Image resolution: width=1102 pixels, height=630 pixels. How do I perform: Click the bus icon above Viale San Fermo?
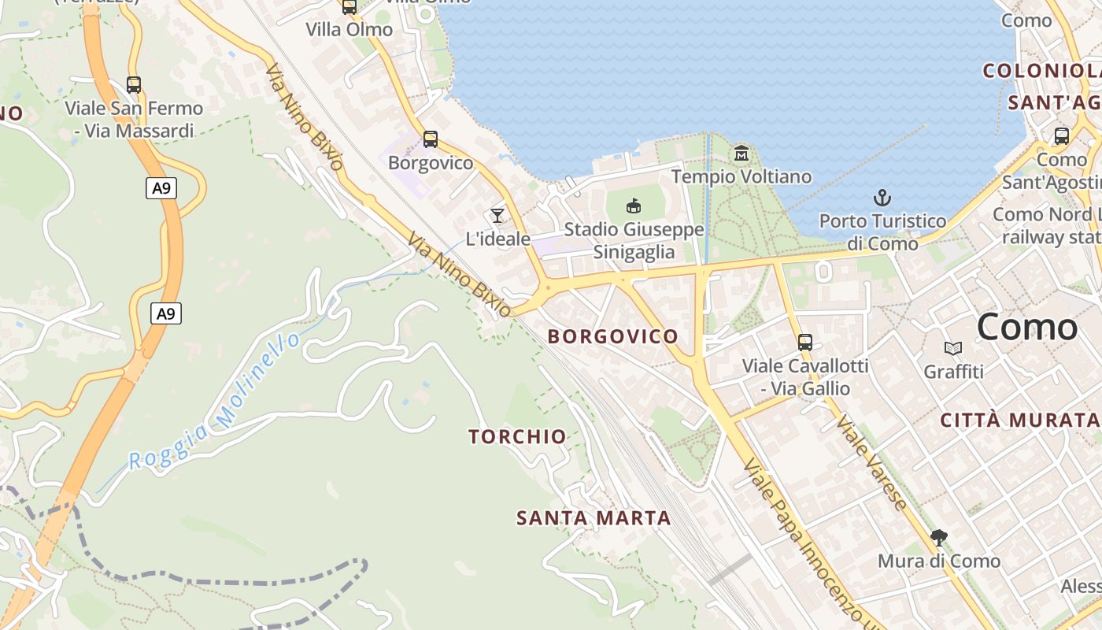[134, 85]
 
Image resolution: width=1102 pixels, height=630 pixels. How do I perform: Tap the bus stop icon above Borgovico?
[430, 139]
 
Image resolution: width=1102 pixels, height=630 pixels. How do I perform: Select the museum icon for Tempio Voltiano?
[741, 153]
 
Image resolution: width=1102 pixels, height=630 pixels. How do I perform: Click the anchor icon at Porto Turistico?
[882, 197]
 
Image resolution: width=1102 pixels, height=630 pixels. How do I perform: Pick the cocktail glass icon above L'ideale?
[497, 215]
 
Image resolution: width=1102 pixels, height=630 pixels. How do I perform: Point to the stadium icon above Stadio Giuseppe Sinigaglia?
[633, 206]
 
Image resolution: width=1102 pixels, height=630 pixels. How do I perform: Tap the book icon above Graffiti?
[953, 348]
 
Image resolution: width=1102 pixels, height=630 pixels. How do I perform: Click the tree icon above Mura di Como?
[938, 538]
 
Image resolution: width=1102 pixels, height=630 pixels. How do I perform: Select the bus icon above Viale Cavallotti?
[804, 343]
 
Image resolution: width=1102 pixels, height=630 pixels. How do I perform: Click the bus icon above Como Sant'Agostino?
[1061, 136]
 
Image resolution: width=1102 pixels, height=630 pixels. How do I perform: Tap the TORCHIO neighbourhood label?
[517, 436]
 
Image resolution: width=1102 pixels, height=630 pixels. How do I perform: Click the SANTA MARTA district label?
[594, 518]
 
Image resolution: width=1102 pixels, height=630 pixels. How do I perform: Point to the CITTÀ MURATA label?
[1020, 421]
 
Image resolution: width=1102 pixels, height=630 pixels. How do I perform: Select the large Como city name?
[1026, 327]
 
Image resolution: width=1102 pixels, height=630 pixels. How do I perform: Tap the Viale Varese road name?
[871, 461]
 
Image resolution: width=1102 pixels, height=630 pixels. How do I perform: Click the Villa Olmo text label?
[349, 30]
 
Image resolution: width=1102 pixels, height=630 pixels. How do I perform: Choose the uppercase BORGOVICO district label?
[612, 336]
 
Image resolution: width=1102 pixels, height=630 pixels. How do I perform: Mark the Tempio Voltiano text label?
[741, 176]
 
